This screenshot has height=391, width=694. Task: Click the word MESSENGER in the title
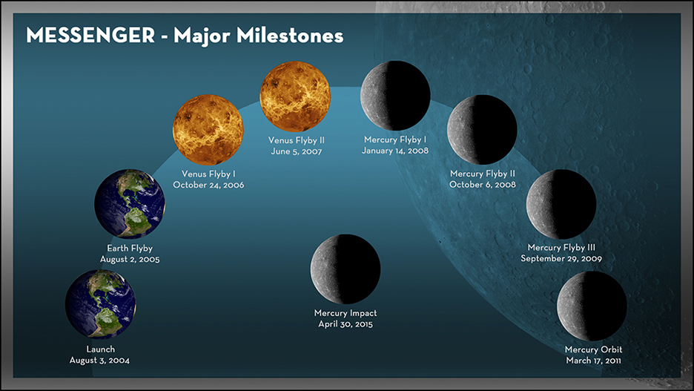pos(90,36)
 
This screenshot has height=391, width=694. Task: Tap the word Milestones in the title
pos(290,36)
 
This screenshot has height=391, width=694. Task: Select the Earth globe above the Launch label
pos(101,305)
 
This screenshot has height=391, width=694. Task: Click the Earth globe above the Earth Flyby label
pos(130,204)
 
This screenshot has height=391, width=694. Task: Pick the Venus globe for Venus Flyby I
pos(208,130)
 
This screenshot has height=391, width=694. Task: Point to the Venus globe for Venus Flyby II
pos(295,96)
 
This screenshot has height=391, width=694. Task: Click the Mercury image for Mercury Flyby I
pos(395,96)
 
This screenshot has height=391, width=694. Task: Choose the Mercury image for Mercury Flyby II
pos(482,130)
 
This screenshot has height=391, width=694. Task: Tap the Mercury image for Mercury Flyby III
pos(561,204)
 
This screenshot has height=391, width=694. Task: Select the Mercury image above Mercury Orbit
pos(592,306)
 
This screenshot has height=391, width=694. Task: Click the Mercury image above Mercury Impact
pos(346,269)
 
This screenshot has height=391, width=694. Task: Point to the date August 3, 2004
pos(99,361)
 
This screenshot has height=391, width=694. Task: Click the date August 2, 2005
pos(130,260)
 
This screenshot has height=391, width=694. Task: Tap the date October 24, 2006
pos(208,185)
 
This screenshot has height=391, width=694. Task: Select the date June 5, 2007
pos(297,151)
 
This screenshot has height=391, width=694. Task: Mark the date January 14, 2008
pos(395,151)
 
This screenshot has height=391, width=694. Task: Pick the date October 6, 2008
pos(483,185)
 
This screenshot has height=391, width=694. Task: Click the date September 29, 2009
pos(561,259)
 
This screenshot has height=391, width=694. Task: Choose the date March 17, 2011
pos(593,361)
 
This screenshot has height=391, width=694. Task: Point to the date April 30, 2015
pos(346,324)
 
